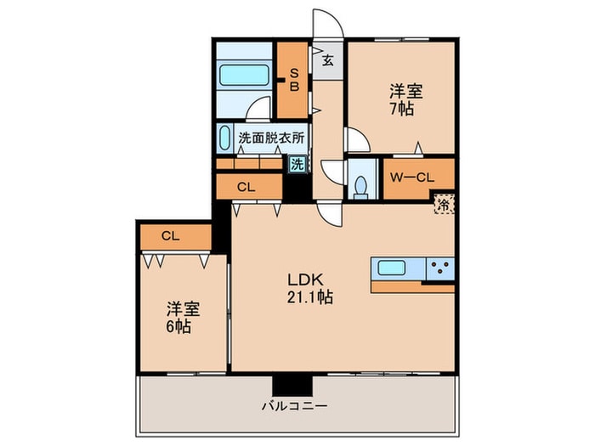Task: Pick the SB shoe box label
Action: point(294,80)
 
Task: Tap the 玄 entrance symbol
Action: point(327,60)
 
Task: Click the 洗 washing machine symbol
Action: point(297,165)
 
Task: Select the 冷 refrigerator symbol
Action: point(443,203)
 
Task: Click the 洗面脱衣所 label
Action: point(271,137)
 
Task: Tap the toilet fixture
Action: point(361,184)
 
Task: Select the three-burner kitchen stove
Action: point(439,269)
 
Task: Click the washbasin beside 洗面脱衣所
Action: point(224,138)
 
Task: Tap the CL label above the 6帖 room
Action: point(170,237)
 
